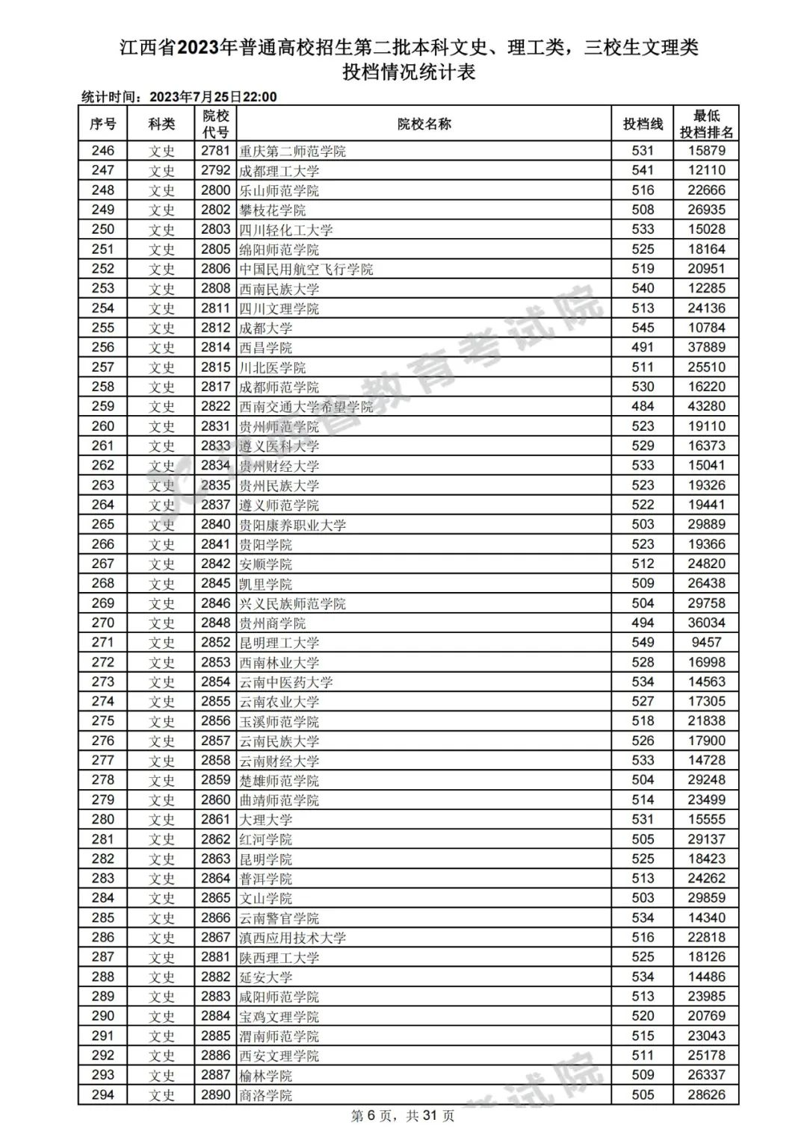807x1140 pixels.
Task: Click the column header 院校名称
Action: pyautogui.click(x=424, y=124)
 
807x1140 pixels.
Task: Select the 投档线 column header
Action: pyautogui.click(x=643, y=124)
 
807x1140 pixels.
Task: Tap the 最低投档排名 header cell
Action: pyautogui.click(x=706, y=124)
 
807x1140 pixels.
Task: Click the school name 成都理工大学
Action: pyautogui.click(x=279, y=171)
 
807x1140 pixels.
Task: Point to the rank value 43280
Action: pyautogui.click(x=706, y=407)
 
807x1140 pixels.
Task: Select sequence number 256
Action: pyautogui.click(x=103, y=348)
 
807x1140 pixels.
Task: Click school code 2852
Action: pyautogui.click(x=215, y=643)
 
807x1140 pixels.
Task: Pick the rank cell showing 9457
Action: pyautogui.click(x=706, y=643)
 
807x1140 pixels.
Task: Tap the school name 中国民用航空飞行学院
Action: pyautogui.click(x=306, y=270)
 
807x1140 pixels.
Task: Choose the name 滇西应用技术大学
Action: pyautogui.click(x=292, y=938)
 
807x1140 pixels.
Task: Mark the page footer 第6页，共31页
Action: pyautogui.click(x=403, y=1116)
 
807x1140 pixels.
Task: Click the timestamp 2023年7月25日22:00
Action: pyautogui.click(x=213, y=97)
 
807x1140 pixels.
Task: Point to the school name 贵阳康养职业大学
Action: pyautogui.click(x=292, y=525)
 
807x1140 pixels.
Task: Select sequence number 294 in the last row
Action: pyautogui.click(x=103, y=1095)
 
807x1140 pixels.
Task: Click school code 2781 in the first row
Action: pyautogui.click(x=215, y=151)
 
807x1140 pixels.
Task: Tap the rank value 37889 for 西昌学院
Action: pyautogui.click(x=706, y=348)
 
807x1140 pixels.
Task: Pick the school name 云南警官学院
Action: pyautogui.click(x=279, y=918)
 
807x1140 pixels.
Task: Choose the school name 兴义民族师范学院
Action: pyautogui.click(x=292, y=604)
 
